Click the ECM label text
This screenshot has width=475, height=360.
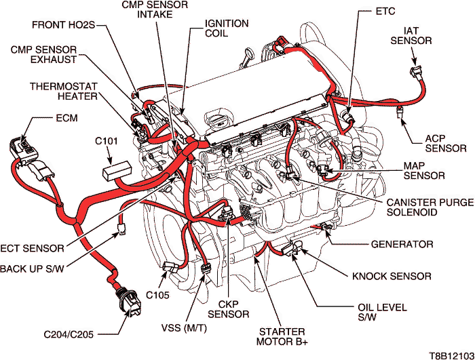click(x=66, y=119)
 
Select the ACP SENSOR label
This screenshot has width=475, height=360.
click(x=445, y=143)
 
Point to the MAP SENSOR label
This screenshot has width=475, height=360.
click(x=423, y=170)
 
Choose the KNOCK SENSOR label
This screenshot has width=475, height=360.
click(x=392, y=276)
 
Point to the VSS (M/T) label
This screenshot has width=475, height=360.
click(x=184, y=328)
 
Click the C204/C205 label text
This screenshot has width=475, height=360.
click(x=71, y=334)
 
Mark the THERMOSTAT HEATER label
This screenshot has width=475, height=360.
click(x=56, y=92)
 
